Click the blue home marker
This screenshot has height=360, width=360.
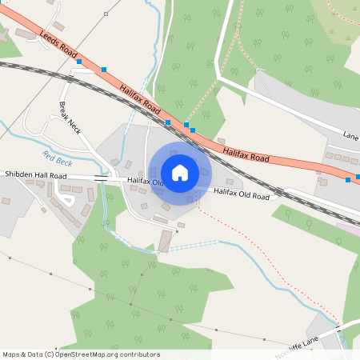pyautogui.click(x=180, y=173)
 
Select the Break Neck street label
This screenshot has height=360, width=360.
pyautogui.click(x=70, y=117)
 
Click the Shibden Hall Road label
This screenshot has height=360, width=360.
pyautogui.click(x=35, y=174)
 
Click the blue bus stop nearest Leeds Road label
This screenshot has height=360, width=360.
pyautogui.click(x=78, y=61)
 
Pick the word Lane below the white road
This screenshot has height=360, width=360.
pyautogui.click(x=350, y=135)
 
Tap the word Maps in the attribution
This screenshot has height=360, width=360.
pyautogui.click(x=11, y=354)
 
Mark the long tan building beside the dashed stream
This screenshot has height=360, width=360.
pyautogui.click(x=165, y=240)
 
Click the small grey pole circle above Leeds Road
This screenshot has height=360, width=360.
pyautogui.click(x=106, y=14)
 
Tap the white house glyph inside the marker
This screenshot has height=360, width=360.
pyautogui.click(x=180, y=173)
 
